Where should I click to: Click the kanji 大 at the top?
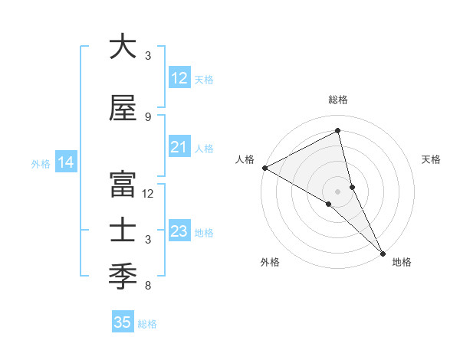point(123,47)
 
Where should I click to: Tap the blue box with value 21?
point(179,147)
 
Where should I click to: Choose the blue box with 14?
point(66,162)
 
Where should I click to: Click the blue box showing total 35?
point(123,322)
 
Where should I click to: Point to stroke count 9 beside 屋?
point(148,117)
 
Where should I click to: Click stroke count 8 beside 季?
point(148,286)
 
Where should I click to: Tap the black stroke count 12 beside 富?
point(149,194)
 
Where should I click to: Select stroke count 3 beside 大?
point(148,56)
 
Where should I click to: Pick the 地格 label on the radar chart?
point(402,262)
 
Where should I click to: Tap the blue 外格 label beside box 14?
point(41,163)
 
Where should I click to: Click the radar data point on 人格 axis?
point(264,168)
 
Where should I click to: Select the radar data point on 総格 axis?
point(337,131)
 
